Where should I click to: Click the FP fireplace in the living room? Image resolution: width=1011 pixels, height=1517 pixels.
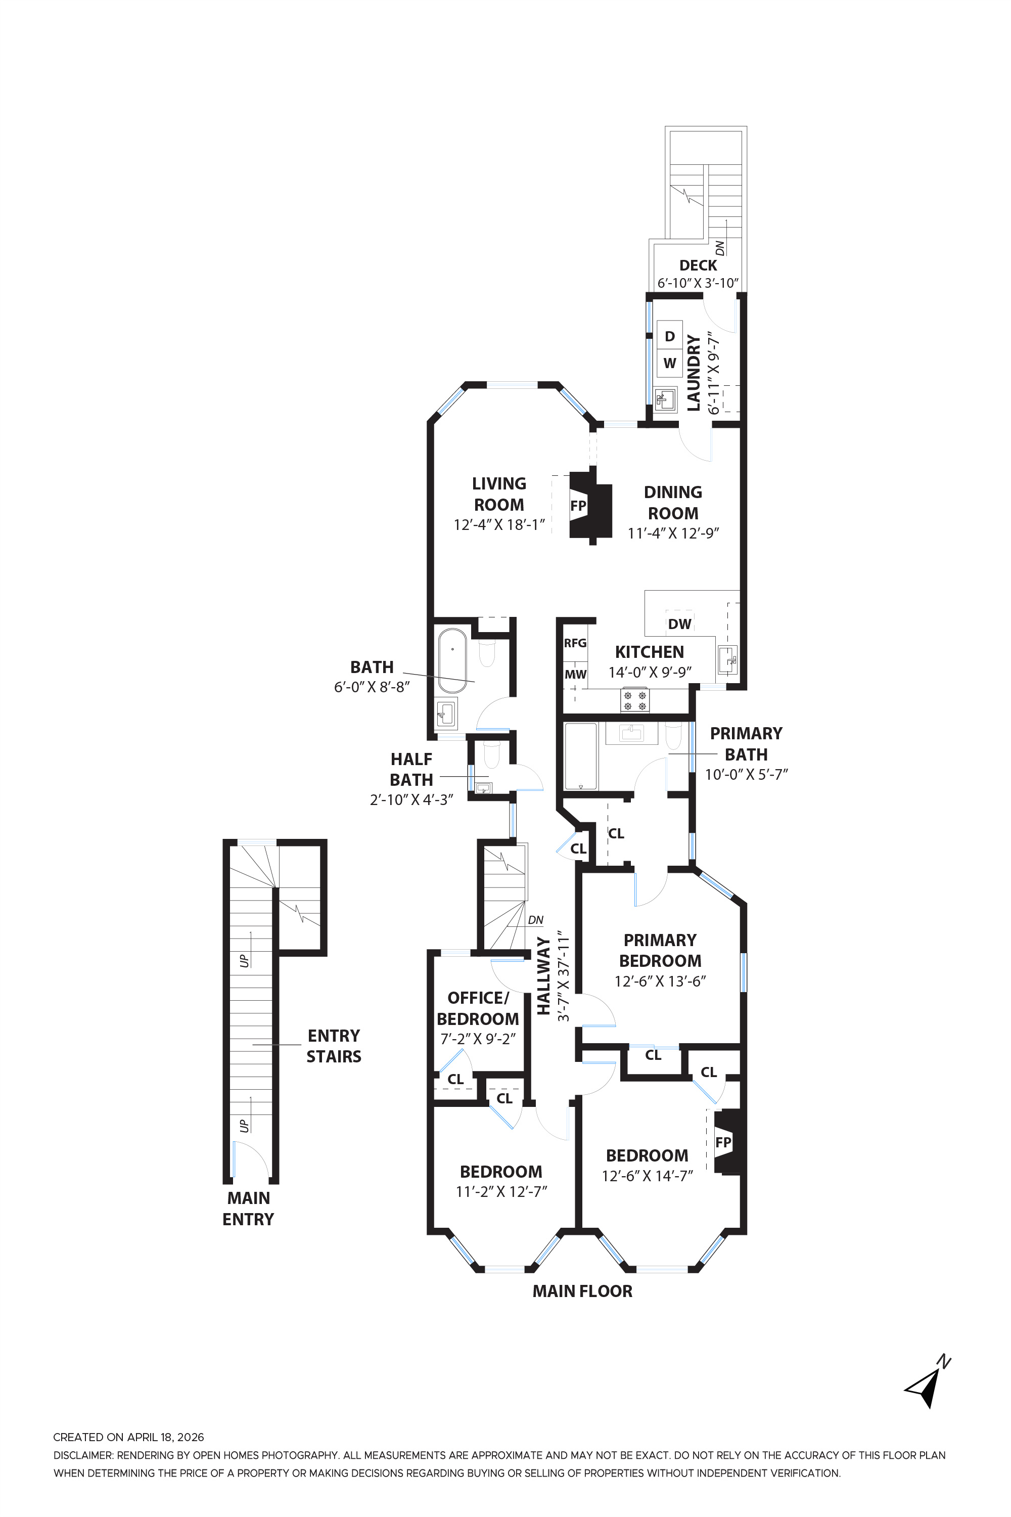(578, 506)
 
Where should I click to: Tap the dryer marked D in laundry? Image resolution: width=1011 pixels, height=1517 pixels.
(669, 336)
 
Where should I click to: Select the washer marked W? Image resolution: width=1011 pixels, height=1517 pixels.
(669, 363)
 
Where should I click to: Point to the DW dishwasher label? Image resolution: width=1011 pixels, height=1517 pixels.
(679, 623)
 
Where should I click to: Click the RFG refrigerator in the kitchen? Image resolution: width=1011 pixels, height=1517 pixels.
(575, 643)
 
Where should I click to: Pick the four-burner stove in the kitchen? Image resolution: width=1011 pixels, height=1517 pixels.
(634, 700)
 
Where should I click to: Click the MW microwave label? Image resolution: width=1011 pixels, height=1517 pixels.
(575, 674)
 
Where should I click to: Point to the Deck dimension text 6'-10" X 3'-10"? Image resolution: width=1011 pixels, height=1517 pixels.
(698, 283)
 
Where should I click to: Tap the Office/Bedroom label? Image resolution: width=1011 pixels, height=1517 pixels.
(478, 1008)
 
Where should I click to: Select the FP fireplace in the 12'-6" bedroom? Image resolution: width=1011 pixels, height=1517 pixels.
(723, 1142)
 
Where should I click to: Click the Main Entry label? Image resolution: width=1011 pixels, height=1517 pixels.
(248, 1208)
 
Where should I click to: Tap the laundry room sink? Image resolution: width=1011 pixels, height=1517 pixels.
(664, 400)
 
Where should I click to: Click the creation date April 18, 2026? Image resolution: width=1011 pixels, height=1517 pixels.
(128, 1437)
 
